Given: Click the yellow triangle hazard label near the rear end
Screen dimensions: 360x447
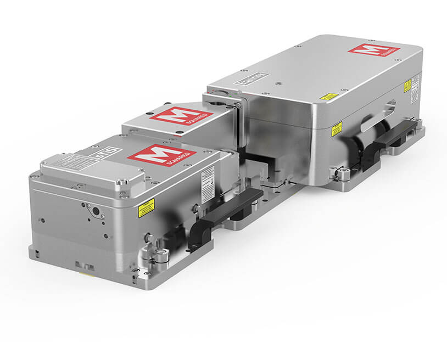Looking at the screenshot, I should [x=407, y=85].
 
